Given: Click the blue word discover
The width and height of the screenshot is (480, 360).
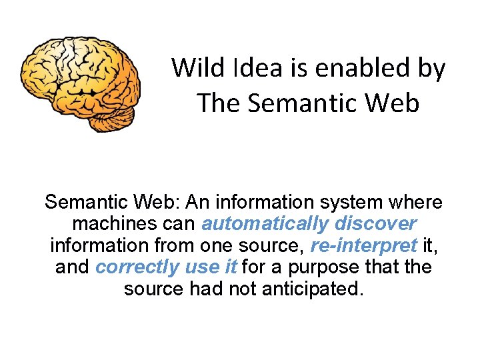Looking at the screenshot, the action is [376, 223].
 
